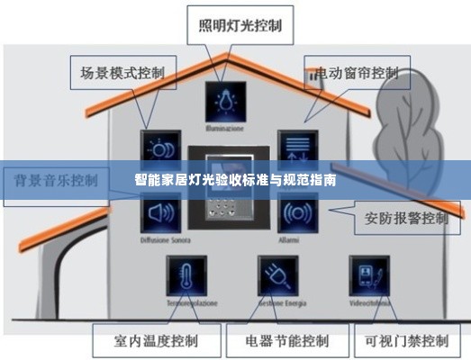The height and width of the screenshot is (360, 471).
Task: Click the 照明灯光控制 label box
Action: [x=239, y=24]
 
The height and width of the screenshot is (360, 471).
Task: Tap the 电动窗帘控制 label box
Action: [x=358, y=72]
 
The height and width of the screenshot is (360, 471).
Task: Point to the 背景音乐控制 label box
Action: [x=56, y=179]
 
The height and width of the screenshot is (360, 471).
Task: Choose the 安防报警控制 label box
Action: [x=406, y=218]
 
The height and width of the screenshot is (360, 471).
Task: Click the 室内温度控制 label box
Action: [x=156, y=341]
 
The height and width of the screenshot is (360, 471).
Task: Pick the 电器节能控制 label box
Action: [x=286, y=341]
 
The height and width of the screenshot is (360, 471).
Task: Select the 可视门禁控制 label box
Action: [x=406, y=341]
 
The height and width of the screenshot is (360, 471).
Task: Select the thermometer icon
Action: [x=186, y=276]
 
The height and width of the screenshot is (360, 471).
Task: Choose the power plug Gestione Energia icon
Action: [x=277, y=276]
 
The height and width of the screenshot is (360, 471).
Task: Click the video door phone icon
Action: [x=369, y=276]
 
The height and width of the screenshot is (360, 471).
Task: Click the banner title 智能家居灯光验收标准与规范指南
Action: [x=236, y=180]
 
